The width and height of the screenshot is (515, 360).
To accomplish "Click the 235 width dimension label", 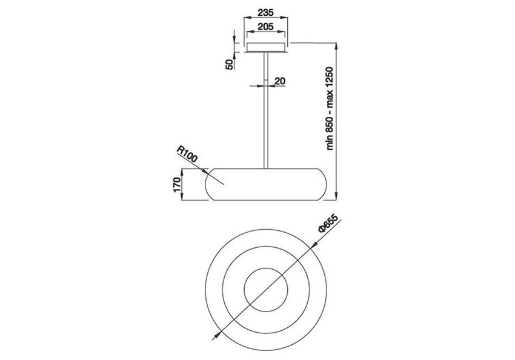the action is [265, 13].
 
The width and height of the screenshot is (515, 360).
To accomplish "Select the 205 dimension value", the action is [265, 26].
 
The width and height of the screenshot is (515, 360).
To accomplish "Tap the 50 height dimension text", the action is [230, 65].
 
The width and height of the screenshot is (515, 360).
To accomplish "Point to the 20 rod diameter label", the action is [280, 81].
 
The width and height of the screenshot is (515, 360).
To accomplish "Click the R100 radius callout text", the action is [187, 154].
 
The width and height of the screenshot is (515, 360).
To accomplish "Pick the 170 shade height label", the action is [177, 185].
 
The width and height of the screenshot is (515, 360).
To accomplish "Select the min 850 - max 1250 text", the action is [330, 108].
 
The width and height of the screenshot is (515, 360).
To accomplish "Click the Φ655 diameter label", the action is [328, 223].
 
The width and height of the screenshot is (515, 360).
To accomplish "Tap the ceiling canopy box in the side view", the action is [266, 48].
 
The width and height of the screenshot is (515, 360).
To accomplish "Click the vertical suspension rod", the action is [266, 110].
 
